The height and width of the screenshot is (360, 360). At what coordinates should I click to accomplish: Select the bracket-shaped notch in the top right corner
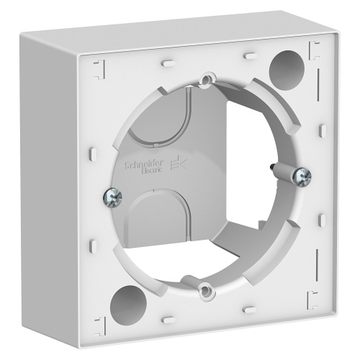point(314,50)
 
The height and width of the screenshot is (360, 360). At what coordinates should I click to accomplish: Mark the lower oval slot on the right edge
point(322,216)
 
